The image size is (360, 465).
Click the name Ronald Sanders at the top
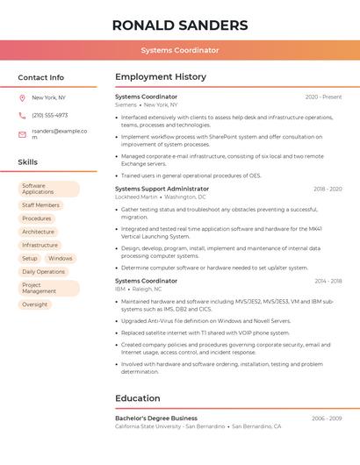(x=180, y=25)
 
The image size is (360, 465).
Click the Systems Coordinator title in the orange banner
(x=180, y=50)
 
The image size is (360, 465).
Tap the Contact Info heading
(x=40, y=77)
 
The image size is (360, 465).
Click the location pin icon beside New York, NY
(x=22, y=98)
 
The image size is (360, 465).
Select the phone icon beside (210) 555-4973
(x=22, y=116)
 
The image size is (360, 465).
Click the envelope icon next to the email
(x=22, y=134)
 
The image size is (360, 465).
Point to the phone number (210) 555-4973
(x=49, y=116)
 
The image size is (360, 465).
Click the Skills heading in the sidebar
(x=28, y=162)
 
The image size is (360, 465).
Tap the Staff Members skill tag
(x=40, y=205)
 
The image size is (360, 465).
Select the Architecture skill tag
(x=38, y=232)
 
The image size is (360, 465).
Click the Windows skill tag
(x=61, y=259)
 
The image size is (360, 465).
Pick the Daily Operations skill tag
(x=43, y=272)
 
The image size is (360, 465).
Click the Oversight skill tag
(x=35, y=304)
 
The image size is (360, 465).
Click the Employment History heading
(x=161, y=77)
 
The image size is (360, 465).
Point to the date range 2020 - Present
(x=323, y=97)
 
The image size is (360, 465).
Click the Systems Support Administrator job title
(x=162, y=189)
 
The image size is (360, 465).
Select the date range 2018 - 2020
(x=328, y=189)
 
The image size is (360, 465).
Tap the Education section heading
(x=138, y=398)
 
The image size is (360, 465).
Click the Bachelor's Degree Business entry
(x=156, y=418)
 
